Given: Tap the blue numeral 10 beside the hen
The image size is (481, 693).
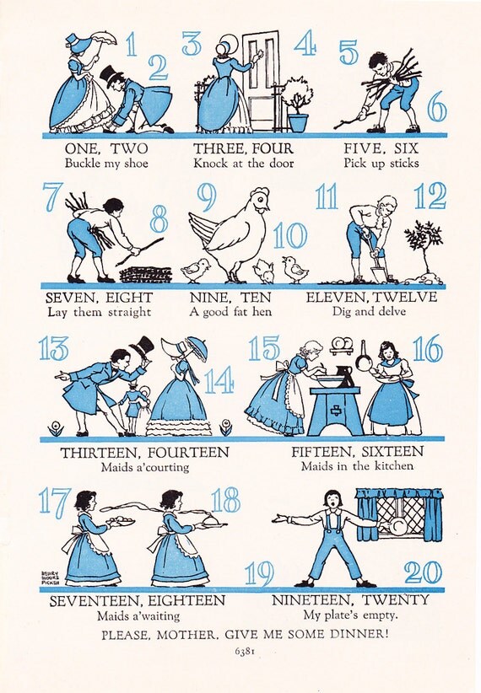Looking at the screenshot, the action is click(289, 235).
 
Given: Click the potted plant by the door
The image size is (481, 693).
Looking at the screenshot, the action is click(297, 105).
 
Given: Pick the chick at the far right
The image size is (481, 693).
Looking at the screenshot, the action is click(295, 269).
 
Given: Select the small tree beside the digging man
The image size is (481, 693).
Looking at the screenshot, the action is click(423, 248).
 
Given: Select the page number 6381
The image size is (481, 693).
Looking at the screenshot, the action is click(246, 652).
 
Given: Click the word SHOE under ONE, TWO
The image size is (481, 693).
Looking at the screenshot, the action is click(136, 163).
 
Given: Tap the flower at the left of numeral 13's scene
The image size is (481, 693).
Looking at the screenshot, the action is click(56, 428).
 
